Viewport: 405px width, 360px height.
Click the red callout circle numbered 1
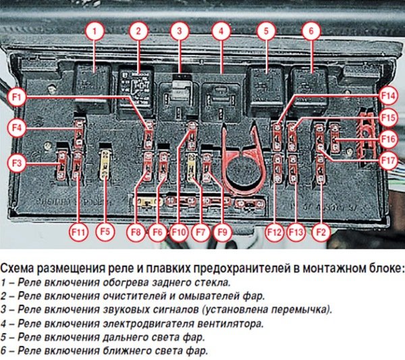tap(96, 30)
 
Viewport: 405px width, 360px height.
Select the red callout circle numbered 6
tap(310, 30)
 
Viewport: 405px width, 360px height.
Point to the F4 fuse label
tap(18, 126)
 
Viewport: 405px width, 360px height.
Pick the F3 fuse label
tap(18, 162)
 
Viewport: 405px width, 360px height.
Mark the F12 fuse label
tap(274, 232)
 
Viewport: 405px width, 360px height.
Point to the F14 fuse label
tap(387, 95)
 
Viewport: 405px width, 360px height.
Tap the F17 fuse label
tap(387, 161)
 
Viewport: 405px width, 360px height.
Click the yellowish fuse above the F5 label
tap(105, 162)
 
